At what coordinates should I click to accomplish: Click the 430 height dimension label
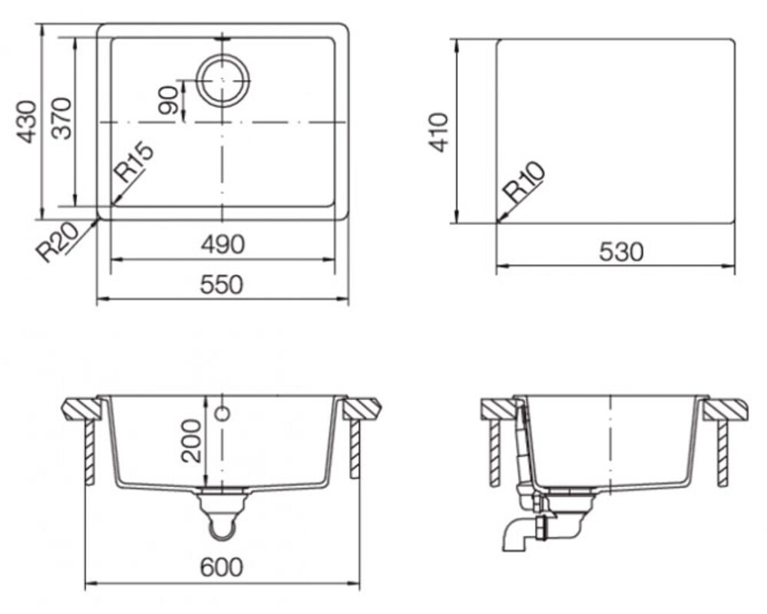tap(28, 122)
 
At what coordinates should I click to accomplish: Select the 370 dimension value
tap(62, 119)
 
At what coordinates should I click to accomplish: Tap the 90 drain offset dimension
tap(168, 101)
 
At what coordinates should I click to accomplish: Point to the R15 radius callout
tap(133, 162)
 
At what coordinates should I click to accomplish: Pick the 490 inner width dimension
tap(223, 244)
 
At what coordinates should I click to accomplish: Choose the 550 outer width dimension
tap(222, 285)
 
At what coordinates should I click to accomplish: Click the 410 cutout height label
tap(438, 133)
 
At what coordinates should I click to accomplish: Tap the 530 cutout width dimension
tap(621, 252)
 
